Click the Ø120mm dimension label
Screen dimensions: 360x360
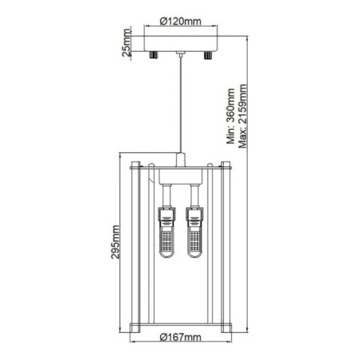[x=181, y=22]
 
